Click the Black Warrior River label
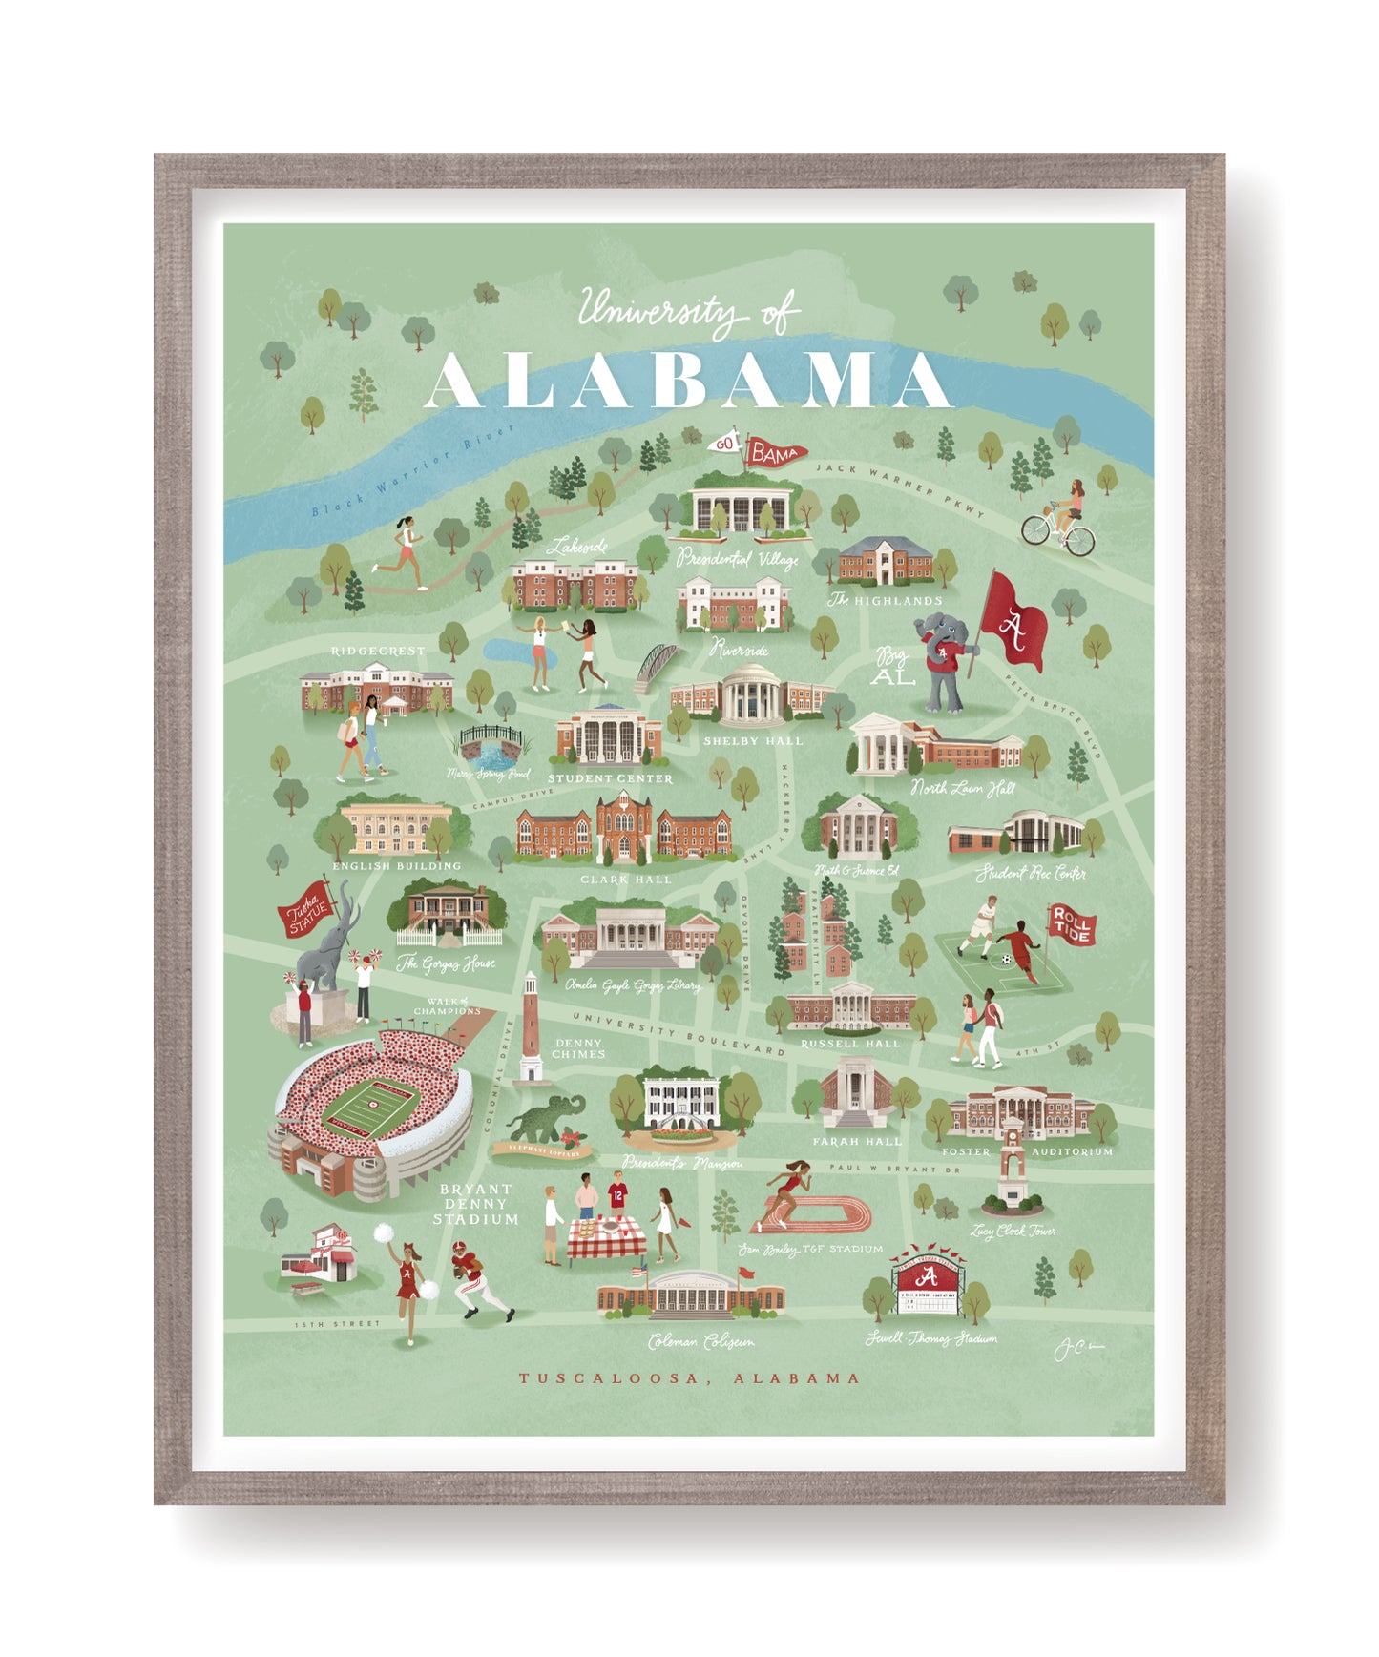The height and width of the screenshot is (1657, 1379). [412, 469]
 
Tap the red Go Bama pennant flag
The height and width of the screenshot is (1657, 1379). [775, 453]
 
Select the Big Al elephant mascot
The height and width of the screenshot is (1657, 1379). [945, 662]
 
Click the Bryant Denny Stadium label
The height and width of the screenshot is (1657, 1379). [475, 1204]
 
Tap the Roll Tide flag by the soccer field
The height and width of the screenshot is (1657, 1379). [1071, 924]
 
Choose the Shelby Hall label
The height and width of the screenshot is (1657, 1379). [753, 741]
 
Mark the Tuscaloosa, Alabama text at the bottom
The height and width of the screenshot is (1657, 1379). [689, 1377]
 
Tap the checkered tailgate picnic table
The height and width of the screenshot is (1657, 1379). [606, 1238]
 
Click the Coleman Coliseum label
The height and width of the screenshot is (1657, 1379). [700, 1342]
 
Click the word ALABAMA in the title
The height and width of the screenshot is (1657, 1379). [689, 380]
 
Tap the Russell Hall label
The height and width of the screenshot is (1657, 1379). [849, 1044]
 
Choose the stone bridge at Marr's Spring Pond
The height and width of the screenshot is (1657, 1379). [491, 741]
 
